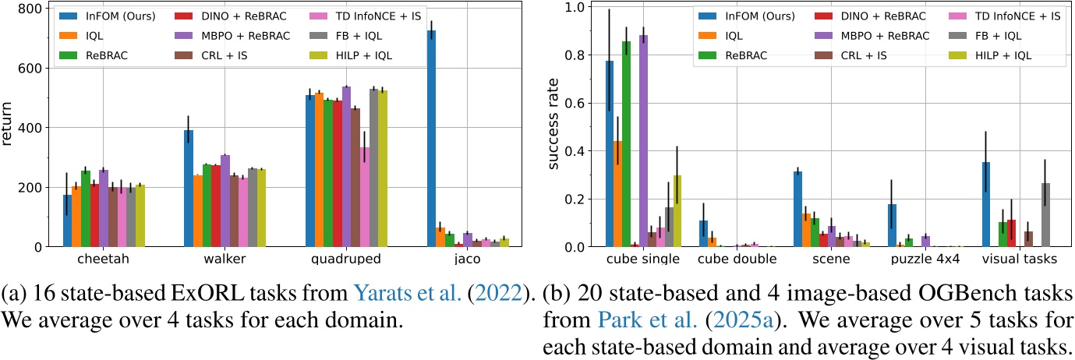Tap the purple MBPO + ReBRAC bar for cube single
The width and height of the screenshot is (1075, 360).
point(687,141)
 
